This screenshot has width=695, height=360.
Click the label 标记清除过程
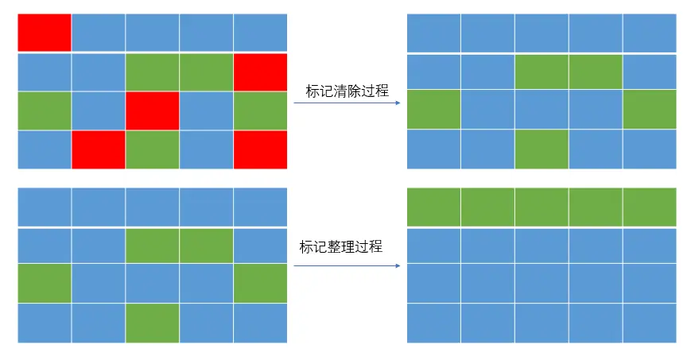pos(347,91)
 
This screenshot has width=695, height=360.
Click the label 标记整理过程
pos(340,246)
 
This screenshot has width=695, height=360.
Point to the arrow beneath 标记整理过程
pos(347,266)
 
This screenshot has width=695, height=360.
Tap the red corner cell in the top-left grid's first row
pos(45,33)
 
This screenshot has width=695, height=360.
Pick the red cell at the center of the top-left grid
pos(152,110)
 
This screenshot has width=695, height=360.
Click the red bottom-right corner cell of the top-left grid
pos(260,149)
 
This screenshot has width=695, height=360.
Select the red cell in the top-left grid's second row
pos(260,72)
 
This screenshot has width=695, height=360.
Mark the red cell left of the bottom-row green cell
pos(99,149)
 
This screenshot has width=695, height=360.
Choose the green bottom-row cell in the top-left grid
pos(152,149)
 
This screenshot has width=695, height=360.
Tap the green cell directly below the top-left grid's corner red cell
pos(45,110)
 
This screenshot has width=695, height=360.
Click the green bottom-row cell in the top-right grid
pos(542,149)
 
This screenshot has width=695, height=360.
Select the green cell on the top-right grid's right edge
pos(650,110)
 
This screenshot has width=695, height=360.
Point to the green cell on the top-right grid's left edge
pos(433,110)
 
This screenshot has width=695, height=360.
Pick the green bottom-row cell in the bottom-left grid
pos(152,323)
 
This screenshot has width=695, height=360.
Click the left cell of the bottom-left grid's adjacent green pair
pos(152,246)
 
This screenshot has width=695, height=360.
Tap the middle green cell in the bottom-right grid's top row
pos(542,207)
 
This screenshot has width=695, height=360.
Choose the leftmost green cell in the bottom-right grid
pos(433,207)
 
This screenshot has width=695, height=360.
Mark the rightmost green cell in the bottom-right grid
pos(650,207)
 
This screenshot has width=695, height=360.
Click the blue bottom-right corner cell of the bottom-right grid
pos(650,323)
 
